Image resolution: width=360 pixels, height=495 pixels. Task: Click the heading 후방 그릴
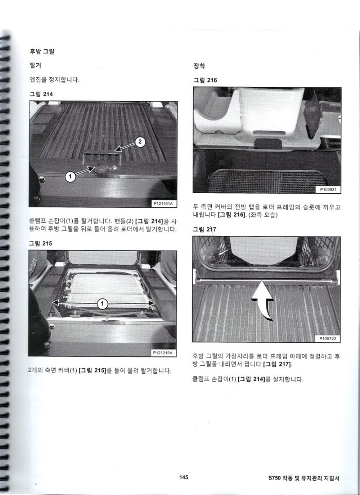[42, 51]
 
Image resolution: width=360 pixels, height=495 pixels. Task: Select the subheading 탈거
[35, 66]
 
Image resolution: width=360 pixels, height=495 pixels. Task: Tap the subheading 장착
[199, 66]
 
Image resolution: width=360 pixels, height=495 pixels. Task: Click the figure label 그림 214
[41, 94]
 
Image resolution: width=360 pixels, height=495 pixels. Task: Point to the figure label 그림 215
[40, 243]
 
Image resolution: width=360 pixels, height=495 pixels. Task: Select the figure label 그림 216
[205, 80]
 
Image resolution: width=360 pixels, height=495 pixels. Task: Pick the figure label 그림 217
[204, 229]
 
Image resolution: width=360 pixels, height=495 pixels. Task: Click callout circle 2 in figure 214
[140, 141]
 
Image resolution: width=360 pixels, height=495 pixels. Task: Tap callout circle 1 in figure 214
[70, 176]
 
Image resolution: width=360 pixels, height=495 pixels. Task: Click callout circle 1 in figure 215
[102, 304]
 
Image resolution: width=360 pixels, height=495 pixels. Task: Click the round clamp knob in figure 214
[102, 170]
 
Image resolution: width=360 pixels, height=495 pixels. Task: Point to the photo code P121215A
[163, 353]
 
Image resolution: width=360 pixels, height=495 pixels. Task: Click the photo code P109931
[328, 189]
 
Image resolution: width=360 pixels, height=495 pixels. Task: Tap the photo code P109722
[328, 338]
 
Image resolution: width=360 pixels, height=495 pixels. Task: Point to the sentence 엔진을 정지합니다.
[54, 80]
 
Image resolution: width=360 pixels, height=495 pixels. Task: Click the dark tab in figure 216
[268, 144]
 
